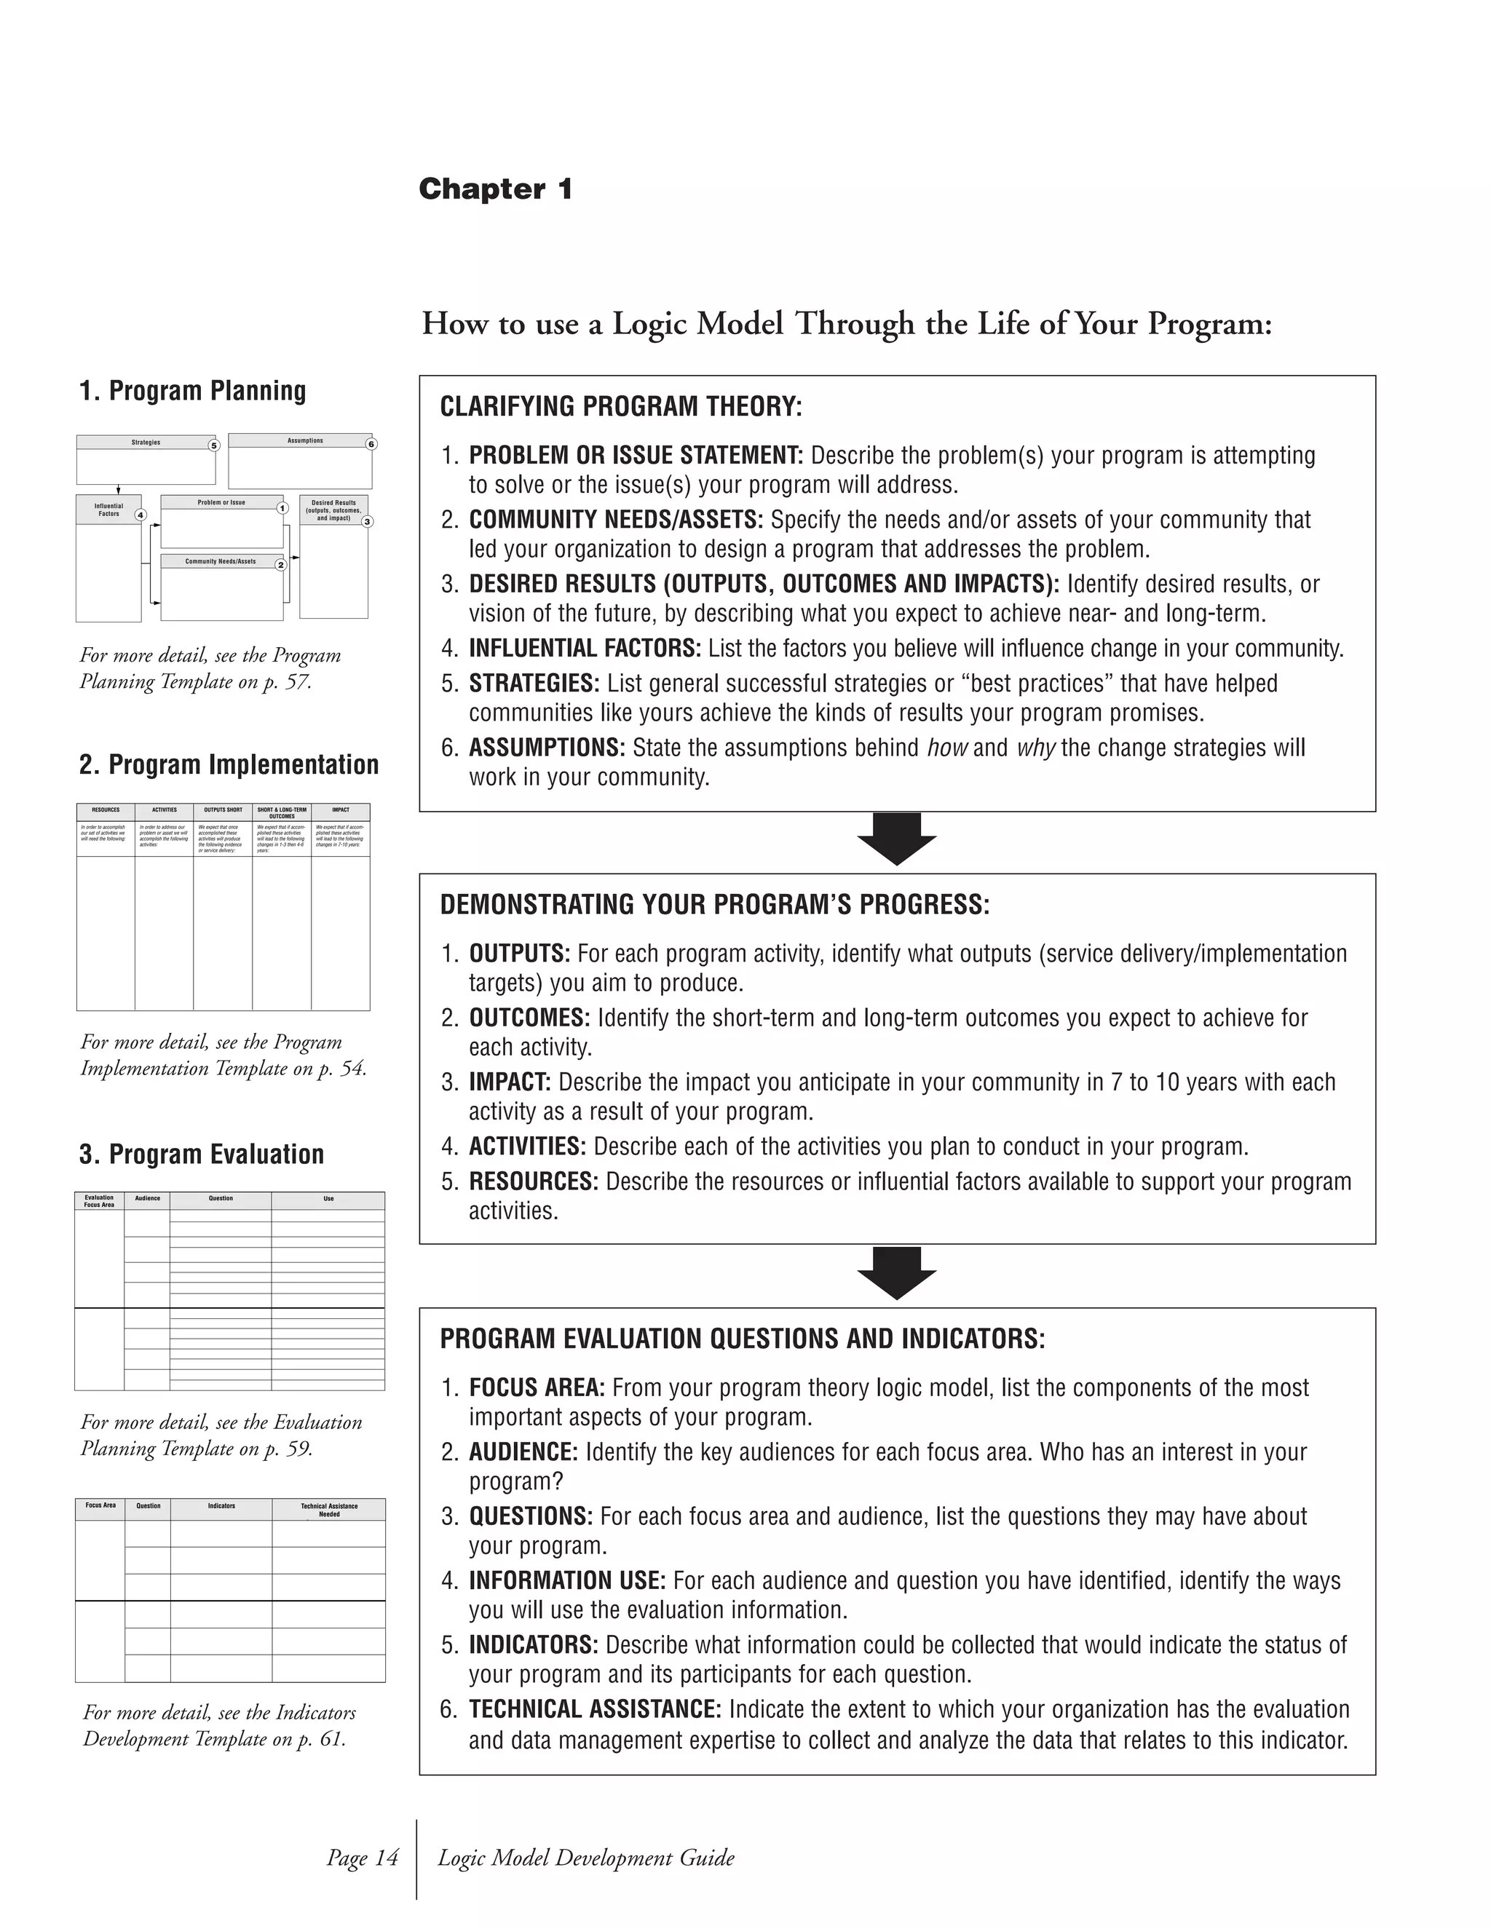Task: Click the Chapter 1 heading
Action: [496, 189]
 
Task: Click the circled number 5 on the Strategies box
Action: [213, 445]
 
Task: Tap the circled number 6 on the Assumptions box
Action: [371, 444]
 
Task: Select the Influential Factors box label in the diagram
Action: [108, 510]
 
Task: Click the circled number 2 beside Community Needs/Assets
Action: [280, 564]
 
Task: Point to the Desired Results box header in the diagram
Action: [334, 510]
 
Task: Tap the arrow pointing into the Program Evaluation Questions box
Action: [896, 1272]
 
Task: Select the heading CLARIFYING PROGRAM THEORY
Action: [621, 407]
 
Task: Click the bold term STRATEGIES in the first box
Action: [534, 684]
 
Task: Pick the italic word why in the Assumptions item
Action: [1035, 748]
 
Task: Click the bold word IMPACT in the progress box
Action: [510, 1083]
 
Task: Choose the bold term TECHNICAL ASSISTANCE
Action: [595, 1710]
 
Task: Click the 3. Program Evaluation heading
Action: [202, 1154]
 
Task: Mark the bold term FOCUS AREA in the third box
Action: [536, 1388]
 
